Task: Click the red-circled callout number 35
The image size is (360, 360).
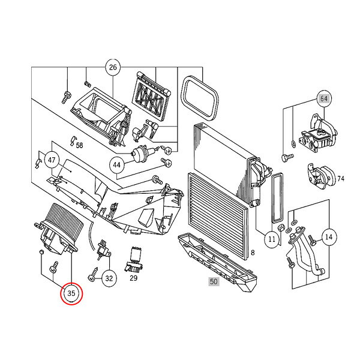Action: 71,293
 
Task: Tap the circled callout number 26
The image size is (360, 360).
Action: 113,67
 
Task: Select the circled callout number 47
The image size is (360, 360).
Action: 52,160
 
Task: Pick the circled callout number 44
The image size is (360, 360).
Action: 116,165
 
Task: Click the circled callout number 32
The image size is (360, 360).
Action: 109,278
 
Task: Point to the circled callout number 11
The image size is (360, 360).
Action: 272,239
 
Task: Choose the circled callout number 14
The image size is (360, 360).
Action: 329,237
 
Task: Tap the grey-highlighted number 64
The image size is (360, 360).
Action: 324,98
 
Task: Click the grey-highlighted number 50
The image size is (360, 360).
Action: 214,281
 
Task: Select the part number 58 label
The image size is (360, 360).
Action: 79,145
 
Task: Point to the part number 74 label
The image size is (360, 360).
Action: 341,178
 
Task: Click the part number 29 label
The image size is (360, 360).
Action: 133,278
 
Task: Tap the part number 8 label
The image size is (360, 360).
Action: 253,253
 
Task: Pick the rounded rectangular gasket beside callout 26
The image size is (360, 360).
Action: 200,98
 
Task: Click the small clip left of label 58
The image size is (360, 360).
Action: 73,140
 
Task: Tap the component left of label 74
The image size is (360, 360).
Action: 322,176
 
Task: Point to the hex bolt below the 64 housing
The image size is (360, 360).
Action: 287,157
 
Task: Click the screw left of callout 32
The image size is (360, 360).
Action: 93,274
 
